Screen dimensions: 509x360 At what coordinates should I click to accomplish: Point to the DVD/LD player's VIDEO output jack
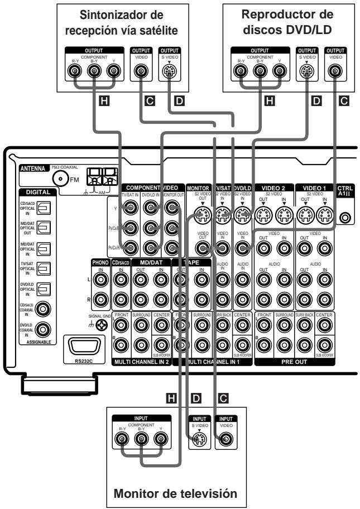(335, 72)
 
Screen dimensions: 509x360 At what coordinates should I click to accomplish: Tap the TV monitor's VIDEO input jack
(224, 439)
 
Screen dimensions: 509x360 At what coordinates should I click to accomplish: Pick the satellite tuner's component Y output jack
(114, 72)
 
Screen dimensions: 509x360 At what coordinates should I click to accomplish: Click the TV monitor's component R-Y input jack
(119, 439)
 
